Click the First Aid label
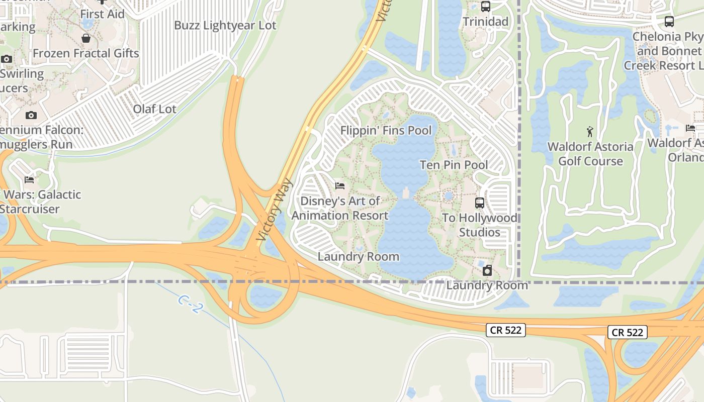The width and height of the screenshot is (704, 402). (102, 14)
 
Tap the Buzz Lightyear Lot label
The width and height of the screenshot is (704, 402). (225, 25)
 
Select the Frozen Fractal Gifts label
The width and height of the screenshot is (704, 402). (86, 53)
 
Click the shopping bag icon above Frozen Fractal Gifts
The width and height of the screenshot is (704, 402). (86, 38)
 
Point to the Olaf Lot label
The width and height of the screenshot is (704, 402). (154, 109)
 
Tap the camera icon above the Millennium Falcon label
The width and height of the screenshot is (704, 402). (31, 116)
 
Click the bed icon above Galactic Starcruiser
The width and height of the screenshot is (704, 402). (29, 180)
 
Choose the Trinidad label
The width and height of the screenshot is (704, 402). (485, 22)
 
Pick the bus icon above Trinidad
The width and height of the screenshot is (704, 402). (485, 7)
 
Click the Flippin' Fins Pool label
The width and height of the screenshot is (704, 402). (386, 131)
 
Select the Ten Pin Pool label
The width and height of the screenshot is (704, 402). (454, 165)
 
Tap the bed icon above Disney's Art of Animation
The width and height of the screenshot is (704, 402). (340, 186)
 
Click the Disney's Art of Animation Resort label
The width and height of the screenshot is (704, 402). (340, 208)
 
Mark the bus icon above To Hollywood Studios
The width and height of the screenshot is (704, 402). (480, 203)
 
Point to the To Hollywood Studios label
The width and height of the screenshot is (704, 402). (479, 225)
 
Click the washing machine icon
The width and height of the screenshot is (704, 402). (487, 271)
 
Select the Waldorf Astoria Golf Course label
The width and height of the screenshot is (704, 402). (590, 154)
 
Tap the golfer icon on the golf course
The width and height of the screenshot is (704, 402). (590, 132)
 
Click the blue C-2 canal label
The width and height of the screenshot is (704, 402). (190, 304)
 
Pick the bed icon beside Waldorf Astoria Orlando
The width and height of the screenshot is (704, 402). (690, 128)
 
